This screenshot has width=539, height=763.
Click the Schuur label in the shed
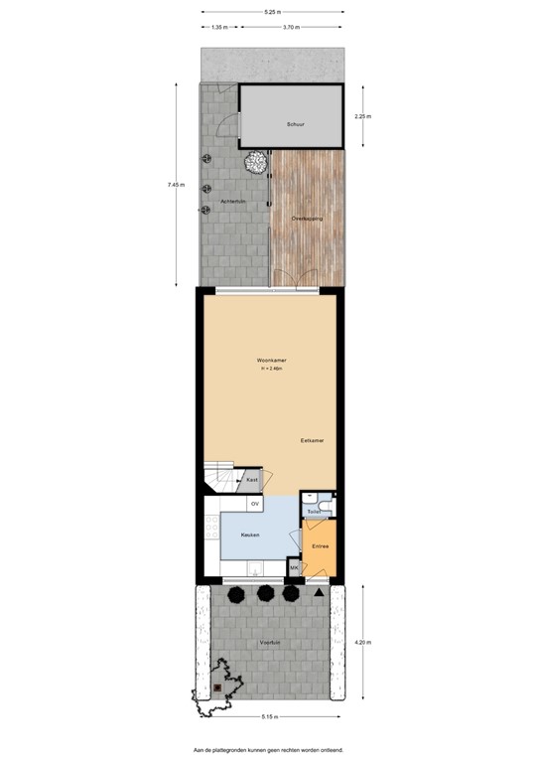[x=295, y=125]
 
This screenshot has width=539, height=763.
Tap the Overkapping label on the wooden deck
[x=307, y=218]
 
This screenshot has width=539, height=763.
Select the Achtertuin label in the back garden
[x=232, y=203]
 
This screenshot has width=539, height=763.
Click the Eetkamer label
[x=314, y=439]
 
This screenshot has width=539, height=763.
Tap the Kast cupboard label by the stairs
[x=253, y=480]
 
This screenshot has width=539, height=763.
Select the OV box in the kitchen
[x=255, y=505]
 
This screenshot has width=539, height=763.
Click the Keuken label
[x=251, y=534]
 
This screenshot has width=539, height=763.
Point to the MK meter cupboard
[x=294, y=567]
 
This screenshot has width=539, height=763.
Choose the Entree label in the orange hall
[x=320, y=546]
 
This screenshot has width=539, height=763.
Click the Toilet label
[x=314, y=511]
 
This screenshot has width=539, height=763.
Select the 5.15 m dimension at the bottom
[x=270, y=716]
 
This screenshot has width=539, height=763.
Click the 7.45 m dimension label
[x=176, y=184]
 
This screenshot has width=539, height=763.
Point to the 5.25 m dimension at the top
[x=271, y=12]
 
